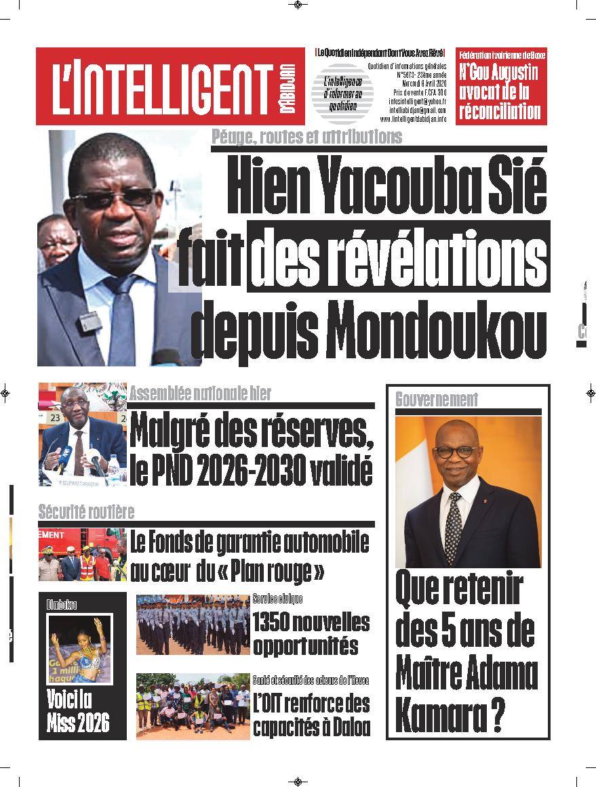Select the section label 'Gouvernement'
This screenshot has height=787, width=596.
[x=437, y=400]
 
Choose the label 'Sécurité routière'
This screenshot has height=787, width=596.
[x=86, y=511]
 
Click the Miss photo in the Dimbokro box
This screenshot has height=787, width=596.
[x=79, y=649]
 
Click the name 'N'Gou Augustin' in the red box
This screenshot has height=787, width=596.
[x=498, y=72]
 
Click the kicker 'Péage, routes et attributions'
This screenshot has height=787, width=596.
[x=306, y=137]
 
